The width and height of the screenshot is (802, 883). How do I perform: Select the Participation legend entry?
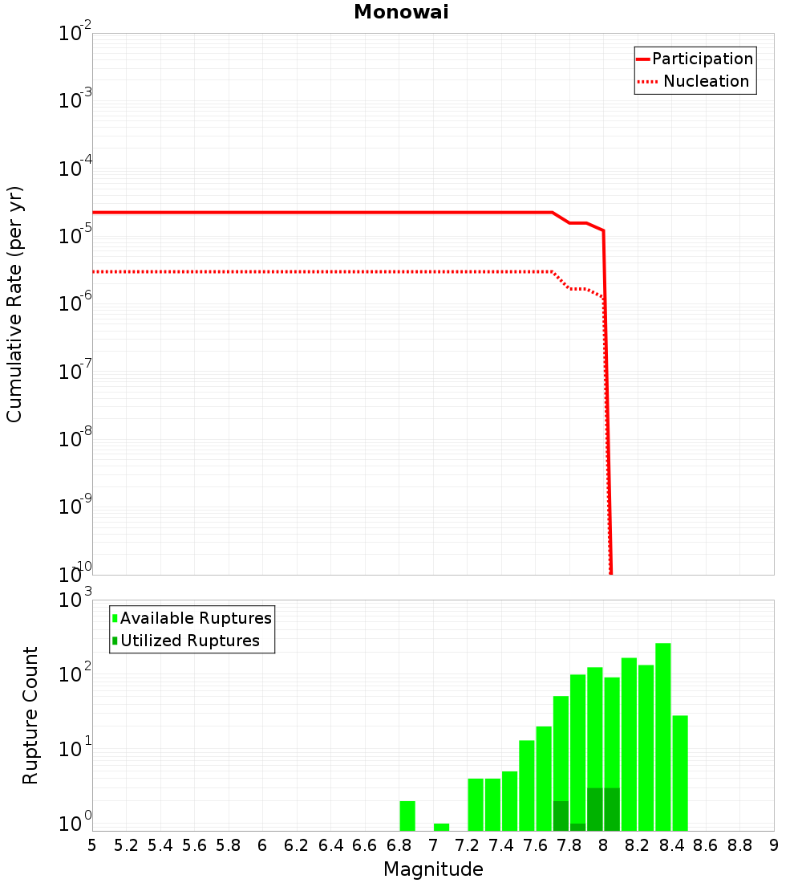[695, 59]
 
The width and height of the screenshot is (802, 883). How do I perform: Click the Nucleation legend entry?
[695, 82]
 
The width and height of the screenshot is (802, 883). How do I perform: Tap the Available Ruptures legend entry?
[192, 618]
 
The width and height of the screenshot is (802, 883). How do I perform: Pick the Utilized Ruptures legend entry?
[185, 641]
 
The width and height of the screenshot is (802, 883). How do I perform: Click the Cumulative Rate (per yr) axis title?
[14, 303]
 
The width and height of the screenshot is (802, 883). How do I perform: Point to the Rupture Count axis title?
[30, 715]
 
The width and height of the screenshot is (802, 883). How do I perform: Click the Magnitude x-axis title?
[433, 869]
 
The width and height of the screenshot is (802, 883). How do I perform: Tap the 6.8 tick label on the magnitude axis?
[399, 845]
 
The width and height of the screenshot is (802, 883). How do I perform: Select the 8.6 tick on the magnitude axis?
[706, 845]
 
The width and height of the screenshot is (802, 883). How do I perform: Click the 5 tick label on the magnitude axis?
[92, 845]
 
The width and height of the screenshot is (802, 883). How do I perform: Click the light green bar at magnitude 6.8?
[407, 816]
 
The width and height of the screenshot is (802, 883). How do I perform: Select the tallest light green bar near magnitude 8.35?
[663, 737]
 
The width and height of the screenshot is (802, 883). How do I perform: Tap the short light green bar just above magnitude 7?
[441, 827]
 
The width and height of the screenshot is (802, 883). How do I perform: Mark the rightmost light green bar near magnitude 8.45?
[680, 773]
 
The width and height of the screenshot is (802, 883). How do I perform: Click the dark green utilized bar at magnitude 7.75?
[561, 816]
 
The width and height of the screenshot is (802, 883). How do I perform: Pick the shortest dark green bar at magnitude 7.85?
[578, 827]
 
